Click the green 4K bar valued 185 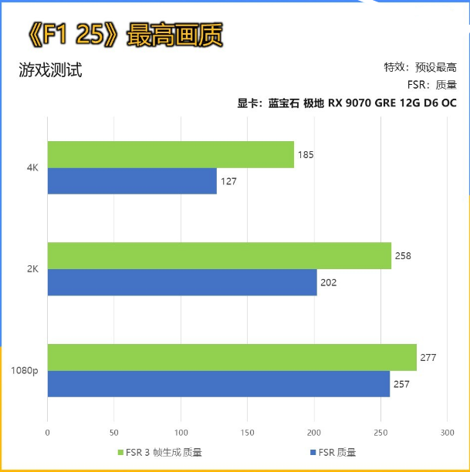pyautogui.click(x=171, y=154)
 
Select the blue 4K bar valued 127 pyautogui.click(x=132, y=181)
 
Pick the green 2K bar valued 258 pyautogui.click(x=219, y=255)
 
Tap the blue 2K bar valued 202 pyautogui.click(x=182, y=282)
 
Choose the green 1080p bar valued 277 pyautogui.click(x=232, y=357)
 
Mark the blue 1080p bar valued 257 pyautogui.click(x=218, y=383)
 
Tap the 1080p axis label pyautogui.click(x=25, y=370)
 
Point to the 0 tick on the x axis pyautogui.click(x=48, y=432)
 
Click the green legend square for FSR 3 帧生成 pyautogui.click(x=120, y=452)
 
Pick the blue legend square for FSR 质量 pyautogui.click(x=312, y=452)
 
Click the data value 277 pyautogui.click(x=429, y=357)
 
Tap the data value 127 pyautogui.click(x=228, y=181)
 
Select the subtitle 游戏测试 pyautogui.click(x=50, y=71)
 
